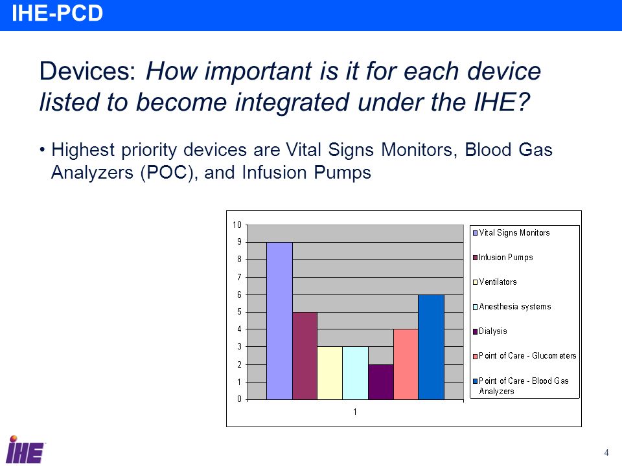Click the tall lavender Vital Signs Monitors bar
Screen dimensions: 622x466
pyautogui.click(x=279, y=320)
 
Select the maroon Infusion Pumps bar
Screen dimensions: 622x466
pyautogui.click(x=305, y=356)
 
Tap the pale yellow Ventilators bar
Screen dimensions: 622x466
pyautogui.click(x=330, y=373)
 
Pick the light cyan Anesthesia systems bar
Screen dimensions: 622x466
pyautogui.click(x=355, y=373)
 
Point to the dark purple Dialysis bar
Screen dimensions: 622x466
pyautogui.click(x=381, y=382)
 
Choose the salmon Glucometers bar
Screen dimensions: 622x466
pyautogui.click(x=406, y=364)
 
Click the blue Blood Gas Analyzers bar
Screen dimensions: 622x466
pyautogui.click(x=432, y=347)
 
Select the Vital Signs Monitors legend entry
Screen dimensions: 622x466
pyautogui.click(x=511, y=232)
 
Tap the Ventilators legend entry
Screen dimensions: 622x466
pyautogui.click(x=495, y=282)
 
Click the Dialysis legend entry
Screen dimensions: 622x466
pyautogui.click(x=490, y=331)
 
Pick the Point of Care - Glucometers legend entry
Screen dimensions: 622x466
pyautogui.click(x=524, y=356)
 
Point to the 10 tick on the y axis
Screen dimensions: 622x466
pyautogui.click(x=237, y=225)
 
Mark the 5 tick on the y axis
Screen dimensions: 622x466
pyautogui.click(x=239, y=312)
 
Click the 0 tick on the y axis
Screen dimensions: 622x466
pyautogui.click(x=239, y=399)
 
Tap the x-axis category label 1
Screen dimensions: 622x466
pyautogui.click(x=355, y=412)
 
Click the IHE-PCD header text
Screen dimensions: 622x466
pyautogui.click(x=58, y=13)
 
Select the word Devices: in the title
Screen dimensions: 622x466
pyautogui.click(x=87, y=71)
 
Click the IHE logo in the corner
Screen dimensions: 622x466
pyautogui.click(x=25, y=449)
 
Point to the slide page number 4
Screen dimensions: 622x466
pyautogui.click(x=606, y=452)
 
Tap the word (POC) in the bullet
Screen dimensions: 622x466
pyautogui.click(x=169, y=173)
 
